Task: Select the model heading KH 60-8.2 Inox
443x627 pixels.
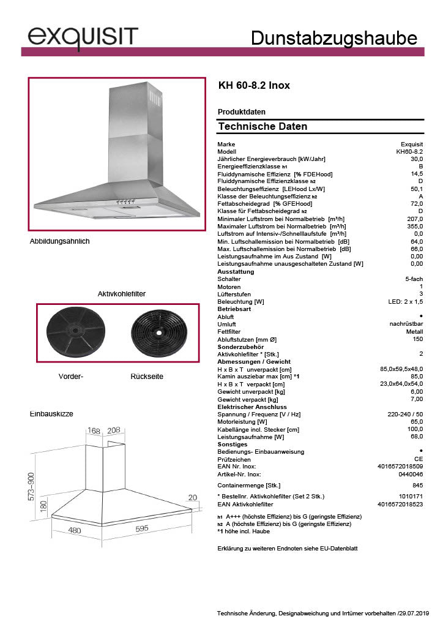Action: [x=254, y=86]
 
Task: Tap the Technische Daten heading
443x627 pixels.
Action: [x=262, y=127]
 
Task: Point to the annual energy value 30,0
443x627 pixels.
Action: [x=417, y=159]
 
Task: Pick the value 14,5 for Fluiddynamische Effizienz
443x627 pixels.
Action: [x=417, y=174]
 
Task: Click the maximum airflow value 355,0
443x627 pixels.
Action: [x=415, y=227]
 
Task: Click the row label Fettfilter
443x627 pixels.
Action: [x=230, y=331]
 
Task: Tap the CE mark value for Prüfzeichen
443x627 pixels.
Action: [x=419, y=459]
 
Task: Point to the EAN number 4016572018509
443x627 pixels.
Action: [x=401, y=467]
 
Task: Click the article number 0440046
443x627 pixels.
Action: [x=411, y=475]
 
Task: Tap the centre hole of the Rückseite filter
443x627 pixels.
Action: [x=158, y=333]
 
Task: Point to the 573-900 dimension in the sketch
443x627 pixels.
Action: [x=31, y=486]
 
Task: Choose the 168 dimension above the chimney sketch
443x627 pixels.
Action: [x=94, y=431]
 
